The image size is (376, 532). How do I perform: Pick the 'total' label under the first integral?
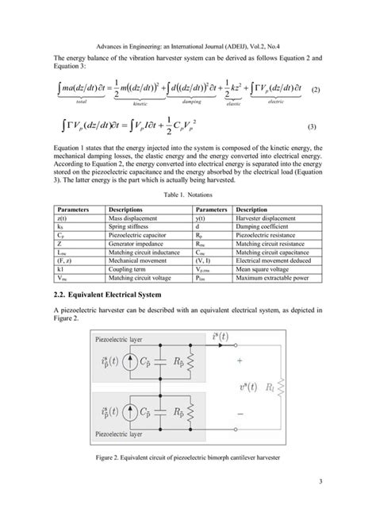(x=82, y=103)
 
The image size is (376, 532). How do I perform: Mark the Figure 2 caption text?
(x=188, y=459)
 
